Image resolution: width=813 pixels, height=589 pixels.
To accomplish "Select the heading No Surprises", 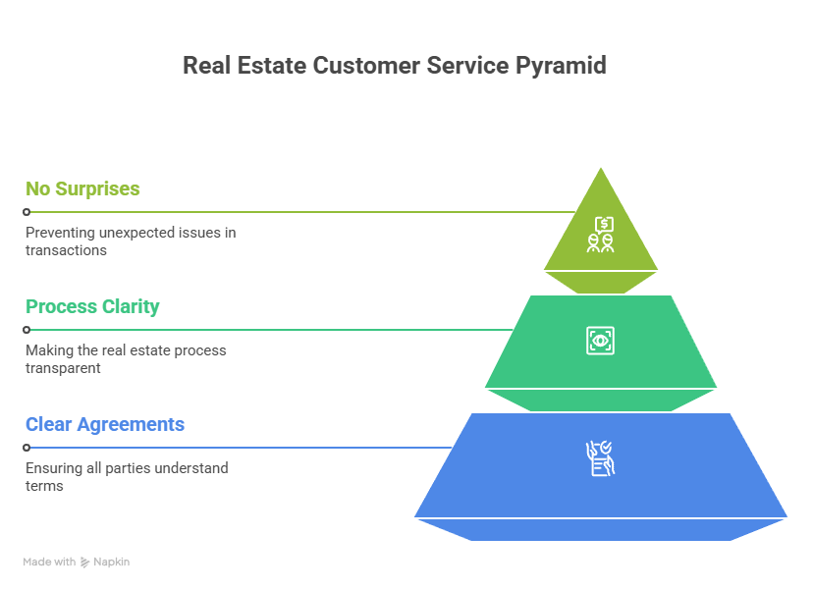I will click(82, 188).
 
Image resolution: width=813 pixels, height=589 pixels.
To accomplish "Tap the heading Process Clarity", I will click(92, 306).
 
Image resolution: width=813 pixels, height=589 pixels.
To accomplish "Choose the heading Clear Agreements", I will click(105, 424).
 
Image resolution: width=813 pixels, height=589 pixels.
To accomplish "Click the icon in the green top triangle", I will click(601, 234).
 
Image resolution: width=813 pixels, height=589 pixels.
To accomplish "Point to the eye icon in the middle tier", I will click(601, 341).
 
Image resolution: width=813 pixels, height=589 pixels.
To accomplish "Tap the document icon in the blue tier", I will click(601, 458).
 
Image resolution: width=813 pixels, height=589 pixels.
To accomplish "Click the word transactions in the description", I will click(66, 250).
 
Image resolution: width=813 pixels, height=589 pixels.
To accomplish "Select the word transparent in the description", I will click(64, 368).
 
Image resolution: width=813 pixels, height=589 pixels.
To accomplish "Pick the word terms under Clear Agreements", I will click(44, 486).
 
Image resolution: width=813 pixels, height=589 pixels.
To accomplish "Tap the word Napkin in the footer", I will click(112, 562).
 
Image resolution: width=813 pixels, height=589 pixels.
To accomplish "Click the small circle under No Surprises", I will click(27, 212).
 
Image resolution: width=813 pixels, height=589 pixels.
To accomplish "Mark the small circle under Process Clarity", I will click(27, 330).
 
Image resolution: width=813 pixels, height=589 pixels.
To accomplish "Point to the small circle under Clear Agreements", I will click(27, 448).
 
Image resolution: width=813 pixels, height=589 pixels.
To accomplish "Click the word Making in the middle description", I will click(47, 350).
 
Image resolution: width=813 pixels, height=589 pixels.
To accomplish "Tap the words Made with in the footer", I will click(49, 562).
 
